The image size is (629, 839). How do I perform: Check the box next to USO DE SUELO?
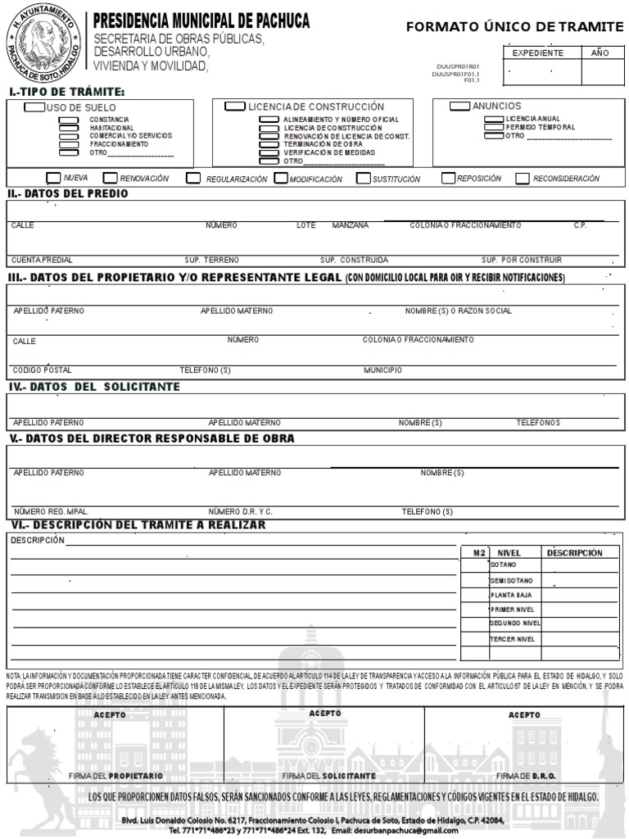[x=34, y=107]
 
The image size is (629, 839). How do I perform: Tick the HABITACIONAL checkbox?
[x=69, y=128]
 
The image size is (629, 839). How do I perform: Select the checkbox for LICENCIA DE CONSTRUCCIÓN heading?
[x=235, y=107]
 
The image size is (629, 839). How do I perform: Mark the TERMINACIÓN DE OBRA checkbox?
[x=269, y=144]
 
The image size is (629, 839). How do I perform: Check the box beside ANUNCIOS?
[x=459, y=106]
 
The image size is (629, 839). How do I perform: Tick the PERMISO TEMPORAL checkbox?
[x=494, y=127]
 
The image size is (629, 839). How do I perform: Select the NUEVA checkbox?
[x=53, y=178]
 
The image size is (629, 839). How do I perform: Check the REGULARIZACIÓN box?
[x=193, y=179]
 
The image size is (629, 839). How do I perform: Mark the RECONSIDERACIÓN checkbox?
[x=523, y=179]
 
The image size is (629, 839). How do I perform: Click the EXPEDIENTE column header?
[x=537, y=53]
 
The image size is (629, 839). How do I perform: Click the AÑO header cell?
[x=600, y=53]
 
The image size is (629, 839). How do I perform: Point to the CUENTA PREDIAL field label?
[x=42, y=260]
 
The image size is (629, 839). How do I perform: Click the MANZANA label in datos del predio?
[x=350, y=225]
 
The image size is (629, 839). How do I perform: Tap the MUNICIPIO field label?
[x=382, y=370]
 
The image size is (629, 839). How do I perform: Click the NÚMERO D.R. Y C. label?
[x=240, y=511]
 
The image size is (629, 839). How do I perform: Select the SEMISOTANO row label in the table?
[x=512, y=580]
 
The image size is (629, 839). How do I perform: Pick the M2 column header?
[x=479, y=553]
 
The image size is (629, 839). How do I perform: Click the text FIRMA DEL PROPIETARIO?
[x=115, y=775]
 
